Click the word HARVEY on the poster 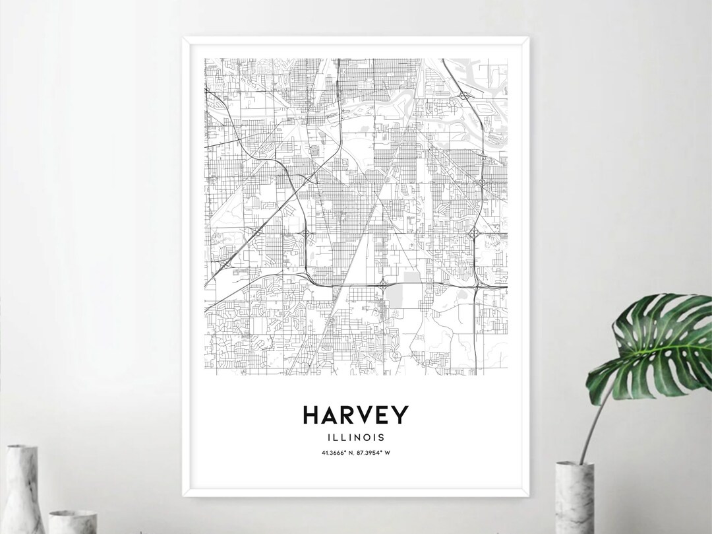[355, 415]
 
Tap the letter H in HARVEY [312, 415]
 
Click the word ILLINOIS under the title [356, 436]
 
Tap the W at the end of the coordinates [392, 452]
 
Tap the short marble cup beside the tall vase [73, 521]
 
